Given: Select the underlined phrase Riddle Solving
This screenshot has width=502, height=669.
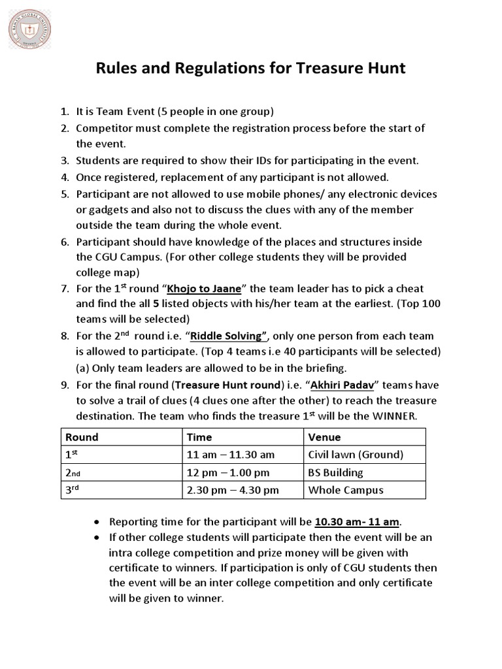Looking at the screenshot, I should point(227,336).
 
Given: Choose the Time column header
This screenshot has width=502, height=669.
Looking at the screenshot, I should point(200,437).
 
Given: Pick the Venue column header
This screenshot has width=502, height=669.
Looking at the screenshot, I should point(324,437).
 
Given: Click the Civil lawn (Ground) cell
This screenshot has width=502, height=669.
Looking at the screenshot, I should point(355,455).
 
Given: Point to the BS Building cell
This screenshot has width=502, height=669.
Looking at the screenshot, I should point(335,472).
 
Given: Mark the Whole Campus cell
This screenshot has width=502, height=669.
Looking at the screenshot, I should point(346,490).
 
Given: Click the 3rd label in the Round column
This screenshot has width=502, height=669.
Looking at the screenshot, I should point(74,489).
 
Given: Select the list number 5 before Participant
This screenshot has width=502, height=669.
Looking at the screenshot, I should point(64,194).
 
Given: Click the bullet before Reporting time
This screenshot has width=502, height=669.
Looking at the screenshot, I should point(97,522).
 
